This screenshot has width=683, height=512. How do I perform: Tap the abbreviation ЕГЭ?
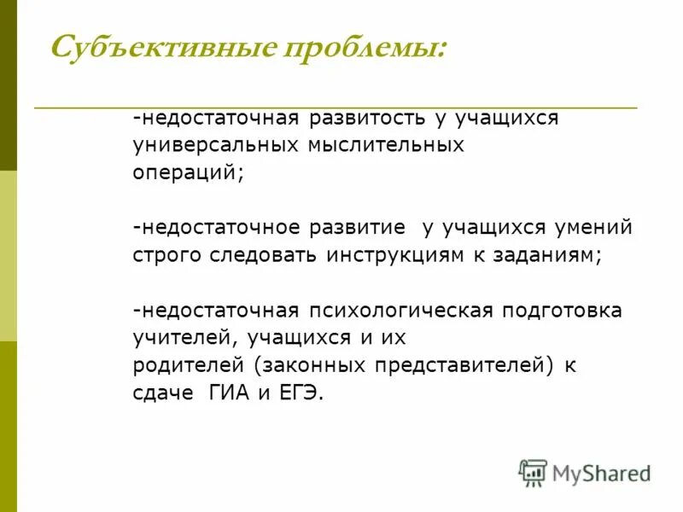click(x=302, y=393)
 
